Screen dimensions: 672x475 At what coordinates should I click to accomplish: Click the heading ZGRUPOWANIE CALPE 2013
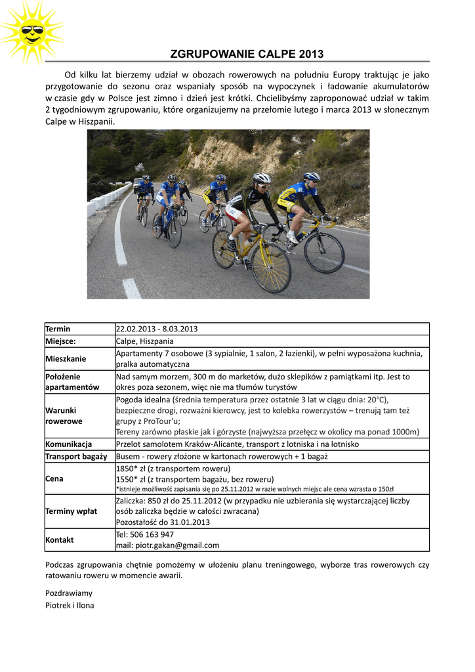click(x=247, y=54)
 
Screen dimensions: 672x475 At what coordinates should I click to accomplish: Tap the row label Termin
click(x=58, y=329)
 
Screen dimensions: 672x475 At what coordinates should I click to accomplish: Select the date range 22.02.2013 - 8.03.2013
click(x=157, y=329)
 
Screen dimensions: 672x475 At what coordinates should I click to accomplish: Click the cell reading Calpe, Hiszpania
click(x=145, y=341)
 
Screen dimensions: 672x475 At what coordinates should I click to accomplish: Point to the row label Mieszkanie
click(x=66, y=358)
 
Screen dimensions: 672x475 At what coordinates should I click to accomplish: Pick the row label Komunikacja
click(x=68, y=444)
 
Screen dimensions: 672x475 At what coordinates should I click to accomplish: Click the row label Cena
click(x=54, y=478)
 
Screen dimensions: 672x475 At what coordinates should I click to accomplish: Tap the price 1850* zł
click(x=131, y=469)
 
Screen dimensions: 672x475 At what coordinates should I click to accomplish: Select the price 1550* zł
click(x=131, y=479)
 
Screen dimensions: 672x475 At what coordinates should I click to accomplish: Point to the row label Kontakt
click(x=59, y=539)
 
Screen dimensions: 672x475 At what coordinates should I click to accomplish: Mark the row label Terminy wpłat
click(x=71, y=511)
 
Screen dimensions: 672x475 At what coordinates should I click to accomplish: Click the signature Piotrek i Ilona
click(x=70, y=605)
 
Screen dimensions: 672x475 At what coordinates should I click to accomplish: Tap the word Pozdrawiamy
click(x=69, y=593)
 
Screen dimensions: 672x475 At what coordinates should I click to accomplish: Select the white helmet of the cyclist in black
click(x=262, y=178)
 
